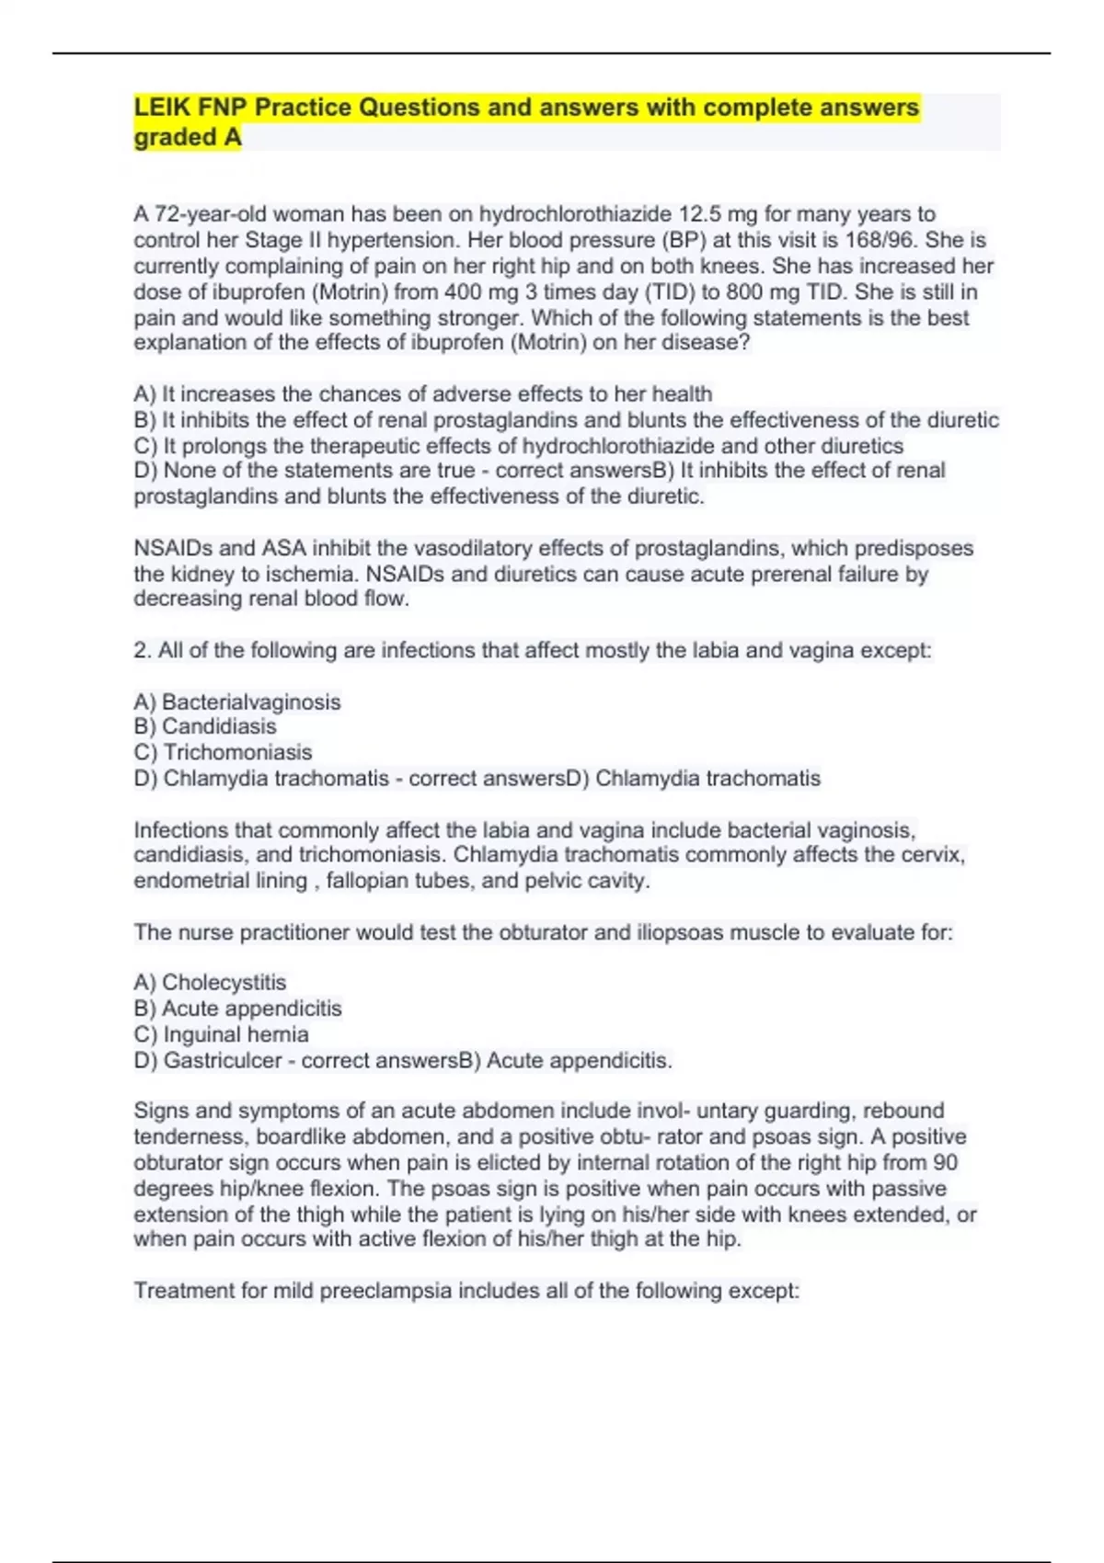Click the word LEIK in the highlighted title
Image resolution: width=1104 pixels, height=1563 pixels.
pyautogui.click(x=162, y=108)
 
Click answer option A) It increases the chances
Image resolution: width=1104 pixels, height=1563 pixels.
pyautogui.click(x=422, y=394)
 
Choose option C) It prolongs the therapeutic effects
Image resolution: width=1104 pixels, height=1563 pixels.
pyautogui.click(x=518, y=446)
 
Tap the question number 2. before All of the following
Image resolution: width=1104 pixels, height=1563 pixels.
pyautogui.click(x=143, y=651)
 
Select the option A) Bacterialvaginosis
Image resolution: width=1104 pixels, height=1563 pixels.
pyautogui.click(x=236, y=702)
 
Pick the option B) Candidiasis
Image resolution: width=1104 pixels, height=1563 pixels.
pyautogui.click(x=204, y=726)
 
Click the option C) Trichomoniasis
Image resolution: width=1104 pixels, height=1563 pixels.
pyautogui.click(x=223, y=752)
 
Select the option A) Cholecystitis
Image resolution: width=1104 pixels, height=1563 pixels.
pyautogui.click(x=210, y=983)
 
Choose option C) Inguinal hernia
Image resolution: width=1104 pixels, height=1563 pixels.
pyautogui.click(x=221, y=1034)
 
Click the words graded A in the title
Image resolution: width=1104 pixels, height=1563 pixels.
pyautogui.click(x=188, y=137)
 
